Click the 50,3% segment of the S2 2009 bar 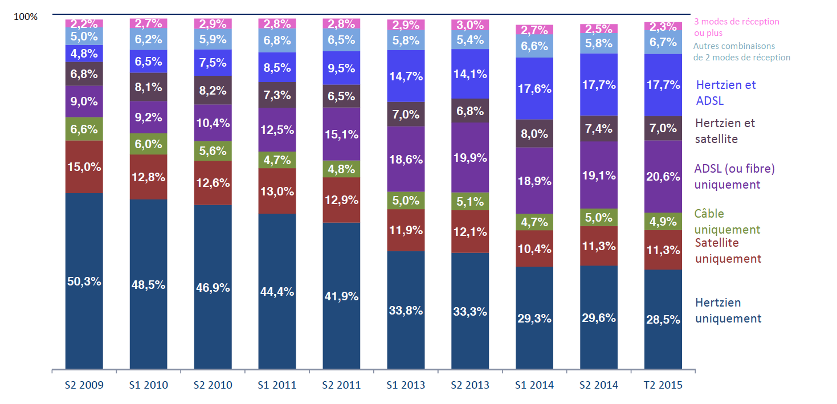84,281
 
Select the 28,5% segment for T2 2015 663,319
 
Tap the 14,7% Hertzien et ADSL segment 406,76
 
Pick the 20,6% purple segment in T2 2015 663,176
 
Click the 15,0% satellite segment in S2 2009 84,167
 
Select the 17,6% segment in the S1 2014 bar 534,88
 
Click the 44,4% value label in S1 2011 277,292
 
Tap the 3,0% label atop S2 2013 470,25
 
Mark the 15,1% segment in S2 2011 341,134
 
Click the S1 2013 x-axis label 406,385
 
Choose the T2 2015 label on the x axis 663,385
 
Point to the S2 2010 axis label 213,385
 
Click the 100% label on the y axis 26,17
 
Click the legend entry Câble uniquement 727,222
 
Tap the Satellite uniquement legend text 728,251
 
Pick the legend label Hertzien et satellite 725,131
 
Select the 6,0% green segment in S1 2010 148,144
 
